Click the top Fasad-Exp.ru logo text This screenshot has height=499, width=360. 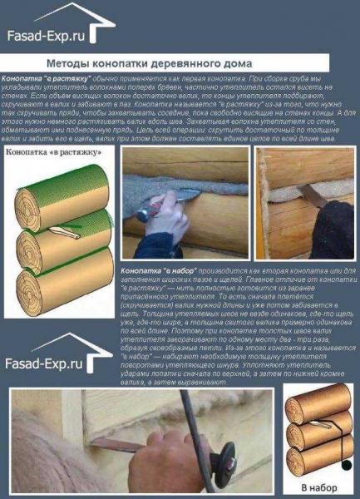click(x=47, y=35)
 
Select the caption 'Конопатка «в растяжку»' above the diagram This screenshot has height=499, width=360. click(x=47, y=152)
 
